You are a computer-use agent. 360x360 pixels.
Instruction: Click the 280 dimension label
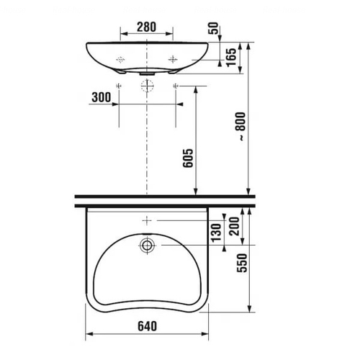[146, 27]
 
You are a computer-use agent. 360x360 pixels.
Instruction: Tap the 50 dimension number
[213, 28]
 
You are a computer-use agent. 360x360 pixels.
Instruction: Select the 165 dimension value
[231, 58]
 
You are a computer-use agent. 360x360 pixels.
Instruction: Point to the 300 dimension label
[102, 97]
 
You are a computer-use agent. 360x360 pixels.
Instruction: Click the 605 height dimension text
[188, 158]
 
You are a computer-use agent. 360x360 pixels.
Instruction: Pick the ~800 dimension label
[240, 126]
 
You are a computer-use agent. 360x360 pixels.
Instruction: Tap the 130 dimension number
[216, 233]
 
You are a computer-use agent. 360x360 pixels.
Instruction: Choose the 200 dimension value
[235, 226]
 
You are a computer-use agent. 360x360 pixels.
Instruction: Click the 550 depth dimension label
[242, 263]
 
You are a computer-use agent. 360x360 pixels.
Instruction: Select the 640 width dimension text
[148, 326]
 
